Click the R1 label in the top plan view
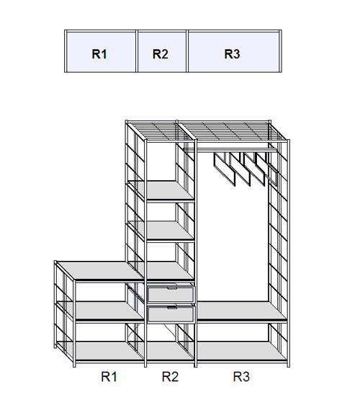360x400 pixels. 99,54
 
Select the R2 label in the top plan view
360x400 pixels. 161,54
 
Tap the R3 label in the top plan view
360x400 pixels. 232,54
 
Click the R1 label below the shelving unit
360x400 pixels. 109,376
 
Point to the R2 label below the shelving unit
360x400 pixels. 170,376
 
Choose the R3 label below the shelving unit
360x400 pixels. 241,376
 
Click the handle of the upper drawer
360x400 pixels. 172,288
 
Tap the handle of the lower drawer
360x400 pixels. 172,308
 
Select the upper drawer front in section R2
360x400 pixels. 171,294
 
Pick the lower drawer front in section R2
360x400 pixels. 171,314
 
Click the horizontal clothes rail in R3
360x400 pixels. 230,149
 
